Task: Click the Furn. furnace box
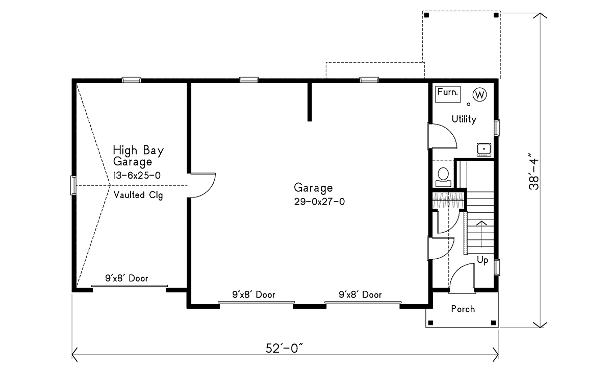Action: coord(448,94)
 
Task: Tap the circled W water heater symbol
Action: coord(480,94)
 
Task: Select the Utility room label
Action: coord(464,119)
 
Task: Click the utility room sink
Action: coord(484,150)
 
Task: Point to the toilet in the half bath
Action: coord(443,177)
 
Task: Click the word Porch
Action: coord(463,309)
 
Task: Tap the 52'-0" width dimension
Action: coord(285,349)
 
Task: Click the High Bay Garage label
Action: coord(138,156)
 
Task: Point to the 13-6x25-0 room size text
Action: coord(137,176)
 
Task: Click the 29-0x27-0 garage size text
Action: coord(319,202)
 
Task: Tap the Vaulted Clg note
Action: coord(138,195)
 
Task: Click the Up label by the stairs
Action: coord(482,260)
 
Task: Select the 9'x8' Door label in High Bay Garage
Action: coord(127,278)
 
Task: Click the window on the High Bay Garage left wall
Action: coord(73,185)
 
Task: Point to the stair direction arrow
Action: coord(481,234)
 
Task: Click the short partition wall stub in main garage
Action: coord(310,102)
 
